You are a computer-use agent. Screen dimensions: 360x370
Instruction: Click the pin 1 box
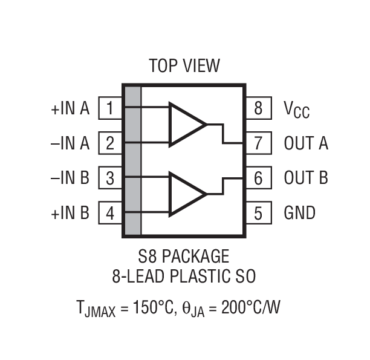point(110,109)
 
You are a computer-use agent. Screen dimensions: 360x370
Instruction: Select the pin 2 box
point(110,143)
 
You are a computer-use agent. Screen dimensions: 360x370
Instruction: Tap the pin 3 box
point(110,178)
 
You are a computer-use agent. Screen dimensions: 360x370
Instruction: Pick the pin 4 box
point(110,213)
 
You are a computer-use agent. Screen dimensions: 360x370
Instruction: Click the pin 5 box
point(258,213)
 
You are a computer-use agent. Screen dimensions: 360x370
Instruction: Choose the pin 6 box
point(258,178)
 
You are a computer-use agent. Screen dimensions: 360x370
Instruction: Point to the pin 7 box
point(258,143)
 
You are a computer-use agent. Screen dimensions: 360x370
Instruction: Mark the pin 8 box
point(258,109)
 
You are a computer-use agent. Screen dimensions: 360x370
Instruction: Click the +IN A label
point(70,109)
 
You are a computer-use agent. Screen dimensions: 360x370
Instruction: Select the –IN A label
point(70,143)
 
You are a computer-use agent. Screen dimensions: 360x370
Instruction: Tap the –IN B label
point(70,178)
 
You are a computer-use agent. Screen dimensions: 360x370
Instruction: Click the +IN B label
point(70,213)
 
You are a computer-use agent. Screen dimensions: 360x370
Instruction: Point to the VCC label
point(297,110)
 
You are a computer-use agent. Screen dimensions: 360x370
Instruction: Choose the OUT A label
point(306,143)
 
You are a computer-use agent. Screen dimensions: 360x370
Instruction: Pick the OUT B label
point(306,178)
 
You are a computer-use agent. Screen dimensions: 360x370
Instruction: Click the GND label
point(299,213)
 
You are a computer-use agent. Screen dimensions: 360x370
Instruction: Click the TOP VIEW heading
point(184,65)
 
